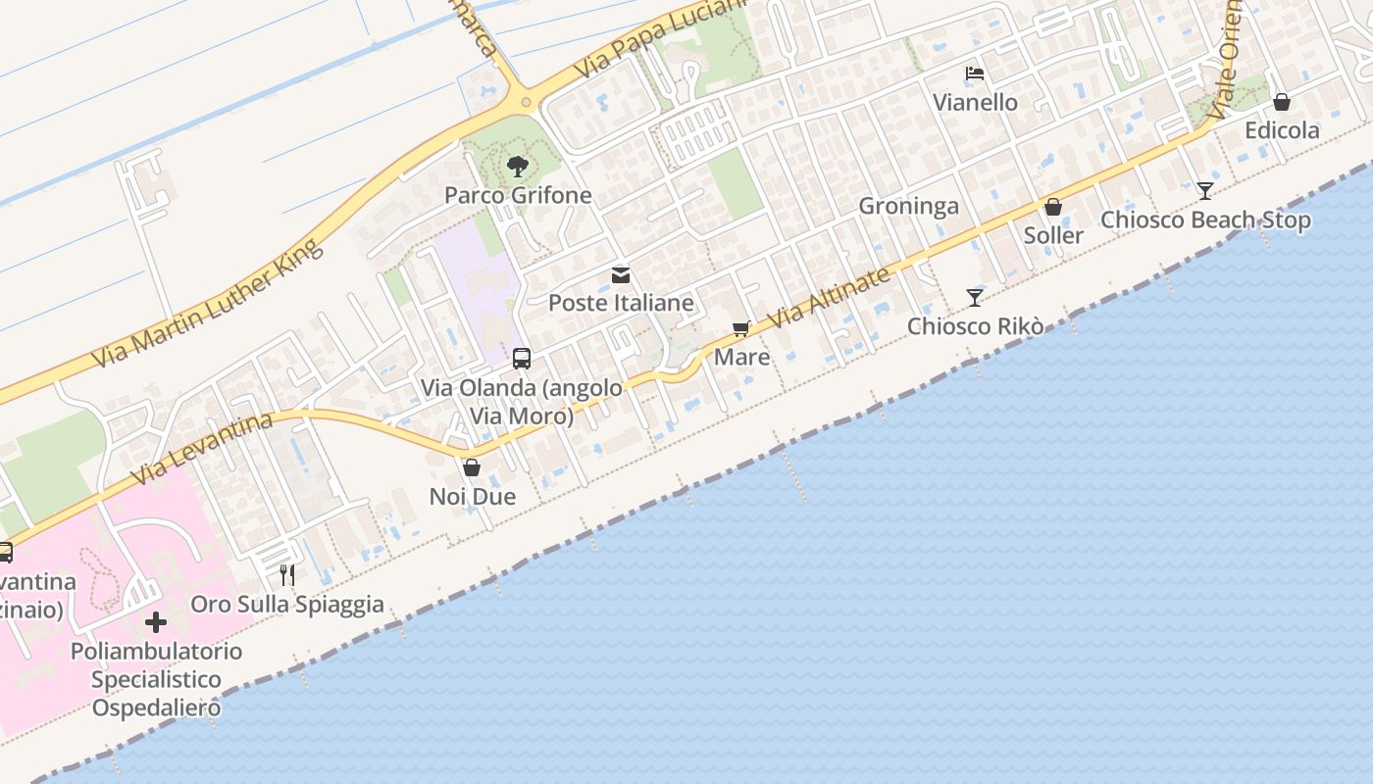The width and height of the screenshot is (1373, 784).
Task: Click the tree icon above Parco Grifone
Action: click(x=518, y=167)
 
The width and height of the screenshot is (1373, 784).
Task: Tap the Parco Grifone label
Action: click(x=518, y=195)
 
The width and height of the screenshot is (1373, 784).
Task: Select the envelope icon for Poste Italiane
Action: click(x=621, y=275)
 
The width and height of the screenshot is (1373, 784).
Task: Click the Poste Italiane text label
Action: click(x=621, y=303)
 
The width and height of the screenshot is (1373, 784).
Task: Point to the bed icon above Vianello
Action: click(x=975, y=73)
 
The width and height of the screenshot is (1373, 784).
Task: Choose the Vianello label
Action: click(x=975, y=102)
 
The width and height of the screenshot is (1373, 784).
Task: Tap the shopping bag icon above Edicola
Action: click(x=1282, y=102)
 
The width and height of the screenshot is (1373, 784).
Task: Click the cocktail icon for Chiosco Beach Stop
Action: click(x=1205, y=191)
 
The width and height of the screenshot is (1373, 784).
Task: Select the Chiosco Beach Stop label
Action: click(x=1205, y=220)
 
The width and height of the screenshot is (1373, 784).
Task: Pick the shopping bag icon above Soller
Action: click(x=1053, y=207)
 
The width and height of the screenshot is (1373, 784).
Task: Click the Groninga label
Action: click(x=908, y=206)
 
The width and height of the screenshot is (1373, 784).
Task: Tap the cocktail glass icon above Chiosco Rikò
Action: click(x=974, y=298)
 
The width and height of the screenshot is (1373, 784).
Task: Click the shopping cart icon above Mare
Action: click(x=741, y=329)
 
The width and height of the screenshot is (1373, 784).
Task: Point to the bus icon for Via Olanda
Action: click(x=522, y=359)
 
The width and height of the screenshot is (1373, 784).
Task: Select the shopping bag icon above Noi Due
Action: click(x=472, y=467)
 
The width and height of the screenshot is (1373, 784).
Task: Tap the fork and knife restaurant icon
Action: click(x=287, y=575)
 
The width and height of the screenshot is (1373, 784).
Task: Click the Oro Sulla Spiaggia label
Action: click(x=287, y=604)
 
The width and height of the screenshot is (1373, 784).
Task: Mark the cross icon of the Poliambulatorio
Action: click(x=156, y=622)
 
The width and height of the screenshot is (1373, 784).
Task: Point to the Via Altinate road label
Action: click(x=830, y=297)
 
